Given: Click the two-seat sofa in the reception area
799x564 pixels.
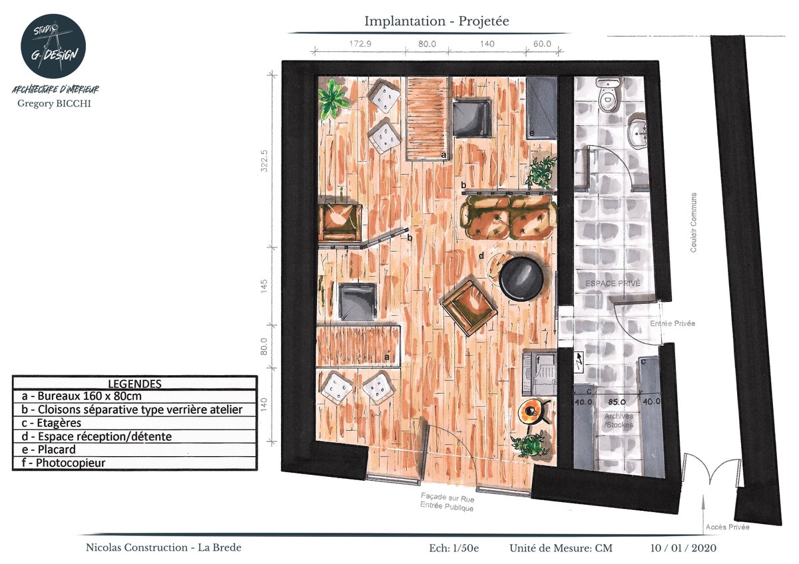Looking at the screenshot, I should [x=509, y=218].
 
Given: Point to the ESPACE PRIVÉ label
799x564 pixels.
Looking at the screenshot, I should [x=613, y=283].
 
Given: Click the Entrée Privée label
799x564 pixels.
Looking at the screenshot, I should [x=672, y=323].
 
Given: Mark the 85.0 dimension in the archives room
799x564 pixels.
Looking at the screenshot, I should [x=615, y=401].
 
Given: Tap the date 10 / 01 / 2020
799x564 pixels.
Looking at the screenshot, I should [x=683, y=549].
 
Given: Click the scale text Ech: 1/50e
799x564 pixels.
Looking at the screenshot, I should [x=455, y=549].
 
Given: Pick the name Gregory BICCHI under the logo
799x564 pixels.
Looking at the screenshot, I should [x=55, y=103].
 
